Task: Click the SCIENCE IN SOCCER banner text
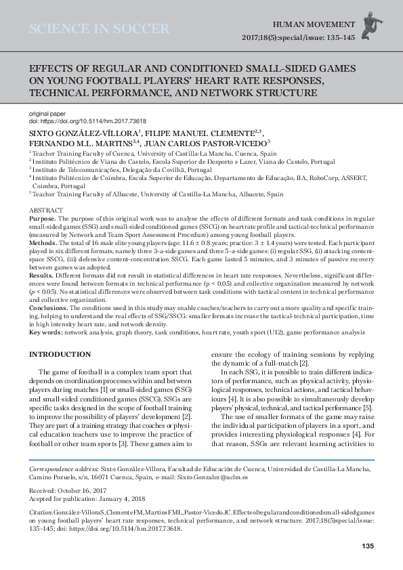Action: point(99,29)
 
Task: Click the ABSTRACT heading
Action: point(47,211)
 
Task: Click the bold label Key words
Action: point(47,332)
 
